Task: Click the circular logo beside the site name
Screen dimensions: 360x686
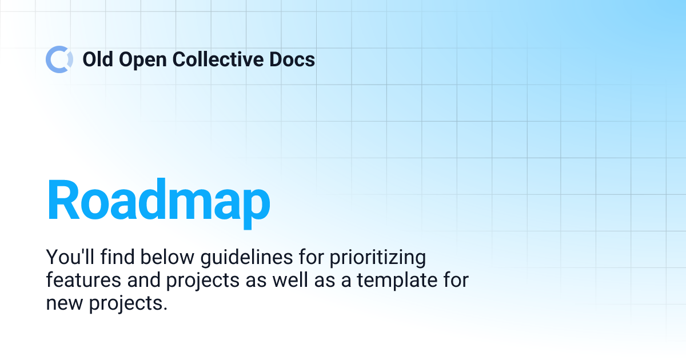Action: [x=59, y=59]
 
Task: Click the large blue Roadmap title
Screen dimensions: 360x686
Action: [x=158, y=201]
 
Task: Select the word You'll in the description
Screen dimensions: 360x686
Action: [x=69, y=258]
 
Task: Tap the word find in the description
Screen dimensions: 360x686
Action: [x=114, y=258]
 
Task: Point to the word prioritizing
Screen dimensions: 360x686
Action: [x=379, y=258]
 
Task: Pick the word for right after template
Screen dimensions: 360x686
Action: [x=454, y=281]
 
